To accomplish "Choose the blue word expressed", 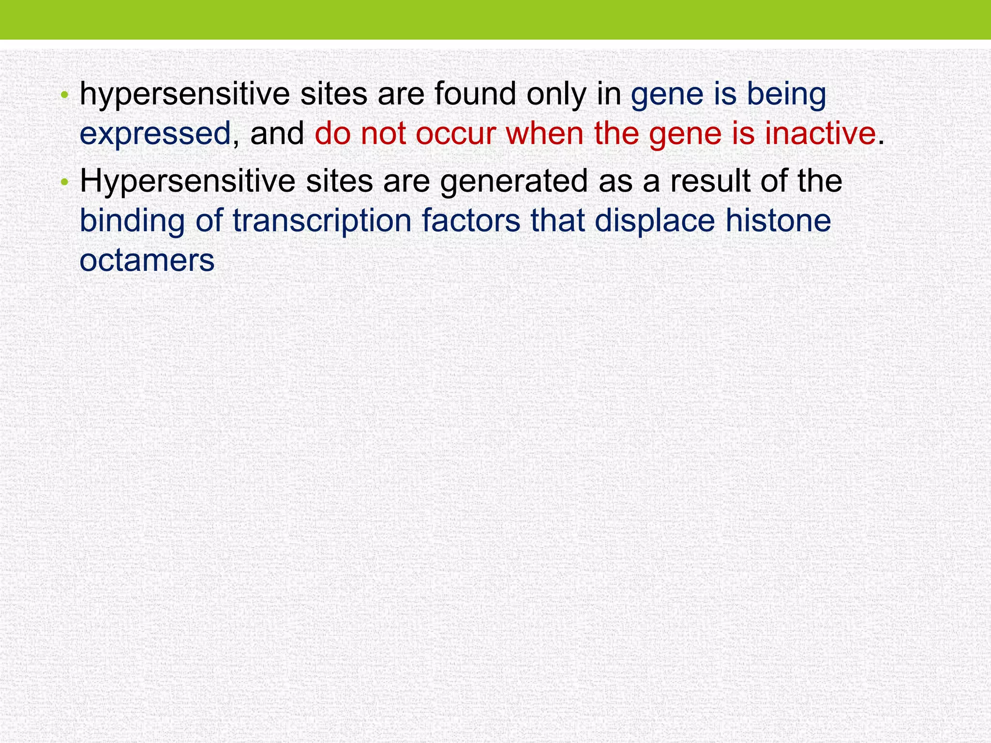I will tap(155, 134).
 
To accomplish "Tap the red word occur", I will tap(455, 134).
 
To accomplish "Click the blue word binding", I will tap(132, 221).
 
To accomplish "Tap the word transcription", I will tap(322, 221).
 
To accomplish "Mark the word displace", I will tap(654, 221).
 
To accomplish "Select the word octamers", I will tap(147, 260).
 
